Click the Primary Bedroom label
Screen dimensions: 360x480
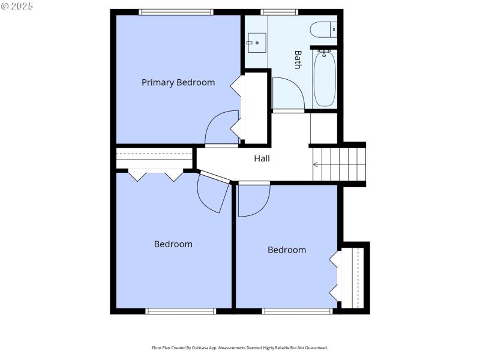click(x=178, y=83)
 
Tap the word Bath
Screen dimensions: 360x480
click(x=298, y=59)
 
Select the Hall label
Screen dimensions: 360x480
click(x=262, y=159)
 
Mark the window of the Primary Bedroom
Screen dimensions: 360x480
click(x=176, y=11)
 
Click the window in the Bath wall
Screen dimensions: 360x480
click(x=279, y=11)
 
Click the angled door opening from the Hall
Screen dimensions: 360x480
click(x=214, y=192)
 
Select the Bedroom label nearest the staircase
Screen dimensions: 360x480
click(x=286, y=250)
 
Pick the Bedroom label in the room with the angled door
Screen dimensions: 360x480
click(x=173, y=244)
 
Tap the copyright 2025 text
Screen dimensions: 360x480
click(x=17, y=6)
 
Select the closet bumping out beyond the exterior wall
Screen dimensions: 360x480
click(x=353, y=275)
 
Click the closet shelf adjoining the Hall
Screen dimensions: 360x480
click(x=154, y=159)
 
